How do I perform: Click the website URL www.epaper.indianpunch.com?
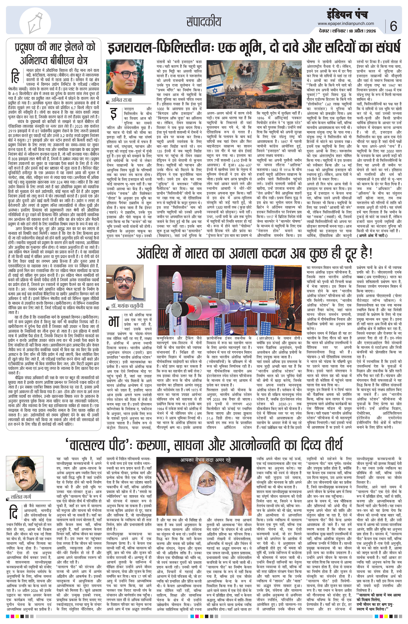pyautogui.click(x=347, y=23)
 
